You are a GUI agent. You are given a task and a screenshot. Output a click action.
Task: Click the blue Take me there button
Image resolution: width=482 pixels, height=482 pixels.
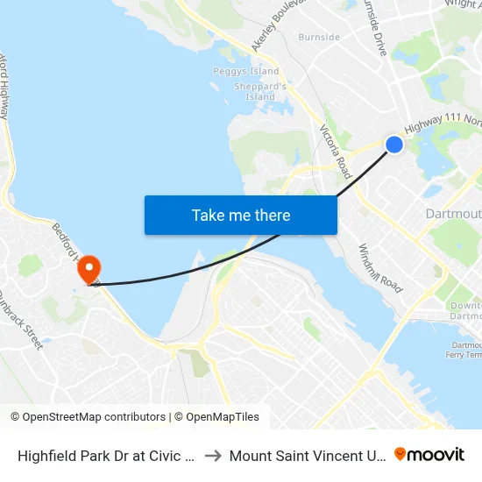pos(240,215)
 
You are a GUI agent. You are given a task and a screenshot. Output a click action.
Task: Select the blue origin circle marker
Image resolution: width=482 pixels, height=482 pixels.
pos(394,145)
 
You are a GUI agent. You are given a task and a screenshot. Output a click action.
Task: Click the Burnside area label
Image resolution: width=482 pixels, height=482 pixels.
pos(319,38)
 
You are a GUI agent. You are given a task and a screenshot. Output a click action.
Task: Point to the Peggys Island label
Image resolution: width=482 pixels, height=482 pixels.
pos(246,71)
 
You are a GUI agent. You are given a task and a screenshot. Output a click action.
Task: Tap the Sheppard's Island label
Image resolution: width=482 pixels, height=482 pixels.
pos(260,91)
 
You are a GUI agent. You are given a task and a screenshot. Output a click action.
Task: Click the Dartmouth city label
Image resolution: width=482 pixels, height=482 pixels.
pos(453,215)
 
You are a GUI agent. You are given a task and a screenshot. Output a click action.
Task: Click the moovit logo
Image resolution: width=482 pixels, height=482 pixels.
pos(429,454)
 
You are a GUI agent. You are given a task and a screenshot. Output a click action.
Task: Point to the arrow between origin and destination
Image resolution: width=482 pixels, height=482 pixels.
pos(214,456)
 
